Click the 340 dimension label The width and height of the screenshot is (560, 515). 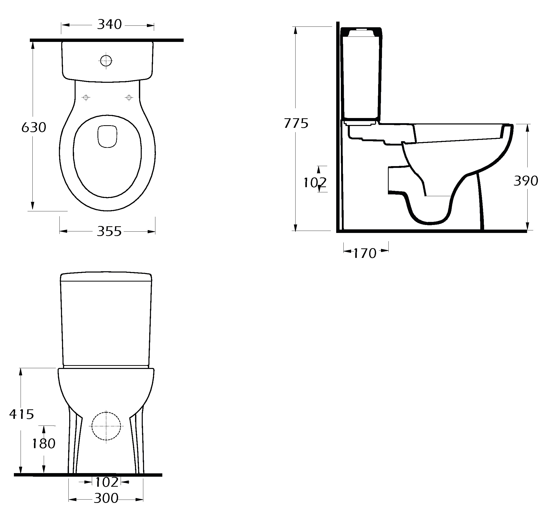click(109, 24)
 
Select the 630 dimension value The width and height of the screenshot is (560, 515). click(34, 128)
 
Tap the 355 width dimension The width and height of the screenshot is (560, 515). click(109, 232)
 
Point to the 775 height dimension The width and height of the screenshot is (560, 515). click(296, 123)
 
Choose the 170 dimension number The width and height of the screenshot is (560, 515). click(365, 254)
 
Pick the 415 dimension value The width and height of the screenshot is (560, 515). click(21, 414)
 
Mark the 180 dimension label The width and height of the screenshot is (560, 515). click(44, 444)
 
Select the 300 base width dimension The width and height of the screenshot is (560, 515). click(106, 498)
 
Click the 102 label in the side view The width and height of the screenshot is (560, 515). click(315, 183)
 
